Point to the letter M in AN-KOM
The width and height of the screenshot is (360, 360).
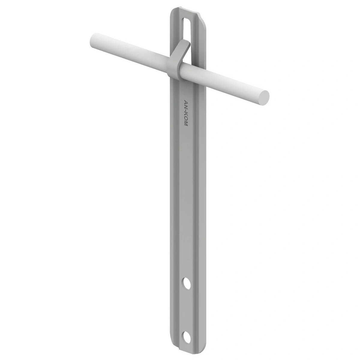(186, 123)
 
